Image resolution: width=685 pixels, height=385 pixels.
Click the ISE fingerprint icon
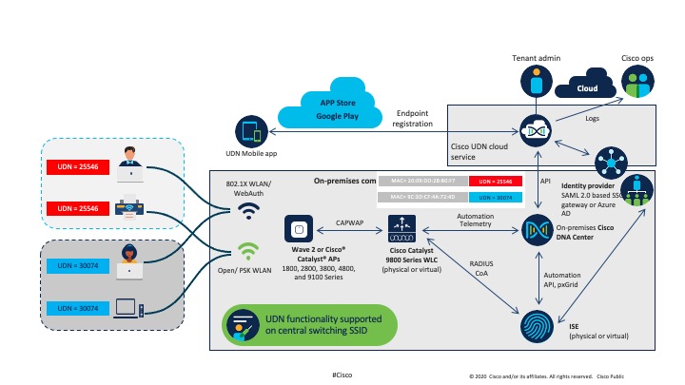tap(535, 326)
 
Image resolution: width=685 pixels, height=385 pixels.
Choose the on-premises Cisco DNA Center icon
tap(535, 227)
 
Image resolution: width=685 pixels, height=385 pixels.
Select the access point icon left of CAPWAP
tap(301, 229)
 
